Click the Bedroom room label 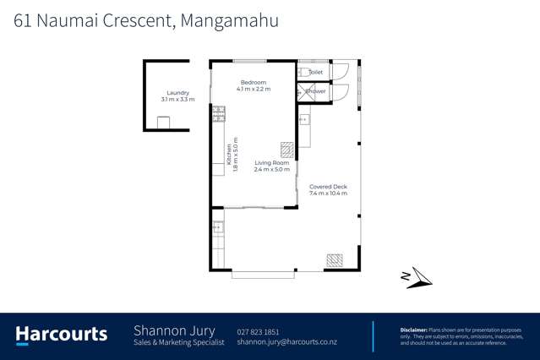coord(254,82)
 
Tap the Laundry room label coord(177,93)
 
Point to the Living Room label coord(271,163)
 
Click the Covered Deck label coord(329,187)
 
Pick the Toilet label coord(316,73)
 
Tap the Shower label coord(317,91)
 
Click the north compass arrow coord(415,277)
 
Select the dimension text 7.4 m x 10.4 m coord(329,194)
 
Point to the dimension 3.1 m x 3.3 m coord(177,100)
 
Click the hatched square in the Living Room coord(288,150)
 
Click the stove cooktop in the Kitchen coord(218,112)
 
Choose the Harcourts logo coord(62,334)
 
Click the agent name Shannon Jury coord(174,330)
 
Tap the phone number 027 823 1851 coord(258,332)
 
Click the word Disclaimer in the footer coord(416,329)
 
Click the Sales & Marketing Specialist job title coord(179,342)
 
